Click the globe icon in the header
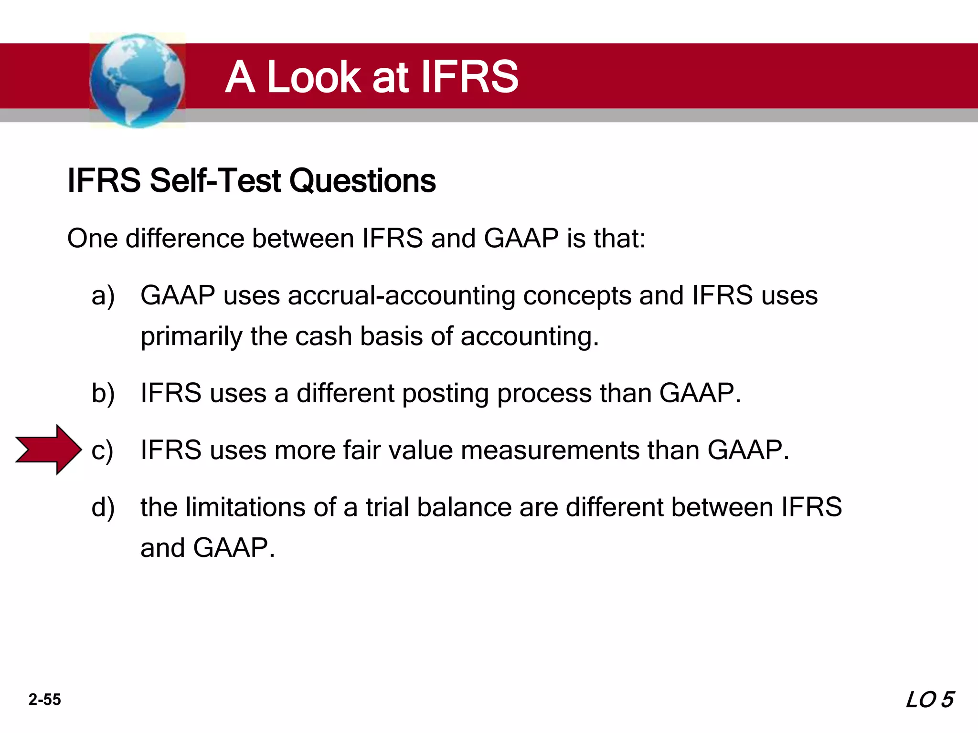[137, 80]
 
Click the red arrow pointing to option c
[48, 450]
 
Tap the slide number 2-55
[45, 700]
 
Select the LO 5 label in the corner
[929, 700]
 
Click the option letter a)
[103, 296]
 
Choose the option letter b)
[103, 394]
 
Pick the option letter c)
[102, 450]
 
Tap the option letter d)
[103, 507]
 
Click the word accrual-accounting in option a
[402, 296]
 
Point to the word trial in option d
[387, 507]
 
